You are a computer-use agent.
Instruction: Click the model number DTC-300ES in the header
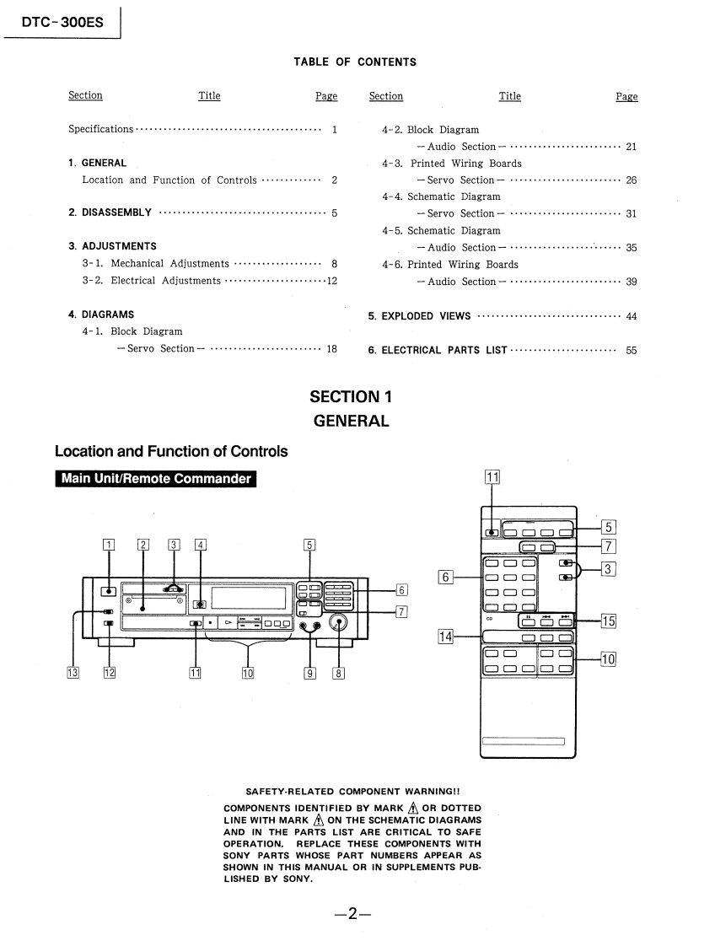click(62, 22)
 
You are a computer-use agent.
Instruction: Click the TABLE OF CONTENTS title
click(355, 62)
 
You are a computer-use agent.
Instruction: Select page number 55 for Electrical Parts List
click(632, 350)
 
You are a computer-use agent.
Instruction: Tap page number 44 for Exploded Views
click(632, 316)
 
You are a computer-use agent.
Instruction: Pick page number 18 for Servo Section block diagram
click(332, 349)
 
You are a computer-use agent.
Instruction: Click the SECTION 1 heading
click(351, 396)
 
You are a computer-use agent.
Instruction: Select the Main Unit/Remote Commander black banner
click(156, 480)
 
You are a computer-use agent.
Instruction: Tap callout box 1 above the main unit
click(107, 544)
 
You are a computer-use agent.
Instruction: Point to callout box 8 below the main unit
click(339, 672)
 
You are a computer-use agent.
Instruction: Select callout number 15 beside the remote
click(608, 621)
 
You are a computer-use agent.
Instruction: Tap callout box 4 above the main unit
click(201, 544)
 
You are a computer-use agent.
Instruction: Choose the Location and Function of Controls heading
click(171, 451)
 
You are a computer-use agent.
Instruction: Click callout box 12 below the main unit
click(109, 672)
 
